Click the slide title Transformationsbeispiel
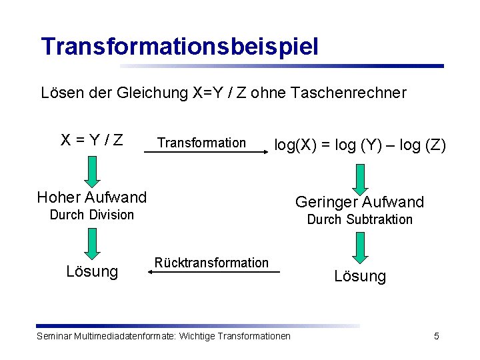pos(180,47)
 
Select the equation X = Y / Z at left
pos(92,140)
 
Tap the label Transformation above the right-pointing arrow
pos(201,143)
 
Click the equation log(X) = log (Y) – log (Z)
pos(360,145)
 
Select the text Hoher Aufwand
pos(92,197)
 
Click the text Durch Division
pos(92,215)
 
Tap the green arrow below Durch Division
pos(92,242)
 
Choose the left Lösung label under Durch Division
pos(92,271)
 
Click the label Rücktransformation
pos(211,263)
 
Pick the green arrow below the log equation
pos(360,179)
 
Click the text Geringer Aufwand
pos(360,202)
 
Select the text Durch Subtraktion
pos(360,219)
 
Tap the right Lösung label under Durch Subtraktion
pos(360,276)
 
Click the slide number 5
pos(437,336)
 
